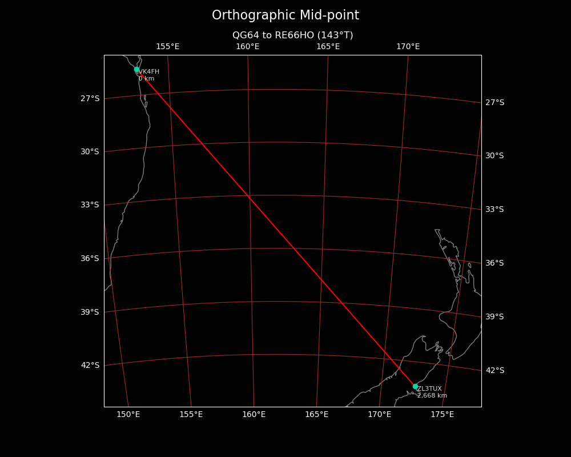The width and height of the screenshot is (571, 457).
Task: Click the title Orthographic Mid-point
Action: pos(285,15)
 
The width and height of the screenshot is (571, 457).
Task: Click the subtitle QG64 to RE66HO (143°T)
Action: pos(292,35)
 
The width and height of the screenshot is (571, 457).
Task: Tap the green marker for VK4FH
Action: pos(137,70)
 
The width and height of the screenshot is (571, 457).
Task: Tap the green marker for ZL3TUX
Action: pos(415,387)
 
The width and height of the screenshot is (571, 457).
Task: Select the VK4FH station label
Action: pos(149,72)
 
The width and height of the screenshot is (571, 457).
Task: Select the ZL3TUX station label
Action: pos(429,389)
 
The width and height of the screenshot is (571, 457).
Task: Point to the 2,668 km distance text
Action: pos(432,396)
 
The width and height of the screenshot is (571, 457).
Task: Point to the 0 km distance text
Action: pos(146,79)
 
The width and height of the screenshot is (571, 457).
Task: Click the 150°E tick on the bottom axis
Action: pos(128,414)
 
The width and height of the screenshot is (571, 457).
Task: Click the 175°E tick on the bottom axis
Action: pos(442,414)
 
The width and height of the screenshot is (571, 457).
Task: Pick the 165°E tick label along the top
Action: pos(328,47)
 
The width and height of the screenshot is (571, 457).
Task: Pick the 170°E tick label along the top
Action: pos(408,47)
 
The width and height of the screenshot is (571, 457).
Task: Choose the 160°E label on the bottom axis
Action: pos(254,414)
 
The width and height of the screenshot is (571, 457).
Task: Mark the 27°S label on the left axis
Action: pos(90,99)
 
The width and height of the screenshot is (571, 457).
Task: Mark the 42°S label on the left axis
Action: pos(90,366)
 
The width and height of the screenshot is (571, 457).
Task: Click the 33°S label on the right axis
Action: pos(494,210)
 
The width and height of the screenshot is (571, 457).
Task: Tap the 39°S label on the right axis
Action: pos(494,317)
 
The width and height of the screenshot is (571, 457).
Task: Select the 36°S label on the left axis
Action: pos(90,259)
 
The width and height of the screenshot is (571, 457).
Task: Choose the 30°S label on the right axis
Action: pos(494,156)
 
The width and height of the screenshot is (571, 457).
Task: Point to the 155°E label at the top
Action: pos(167,47)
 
